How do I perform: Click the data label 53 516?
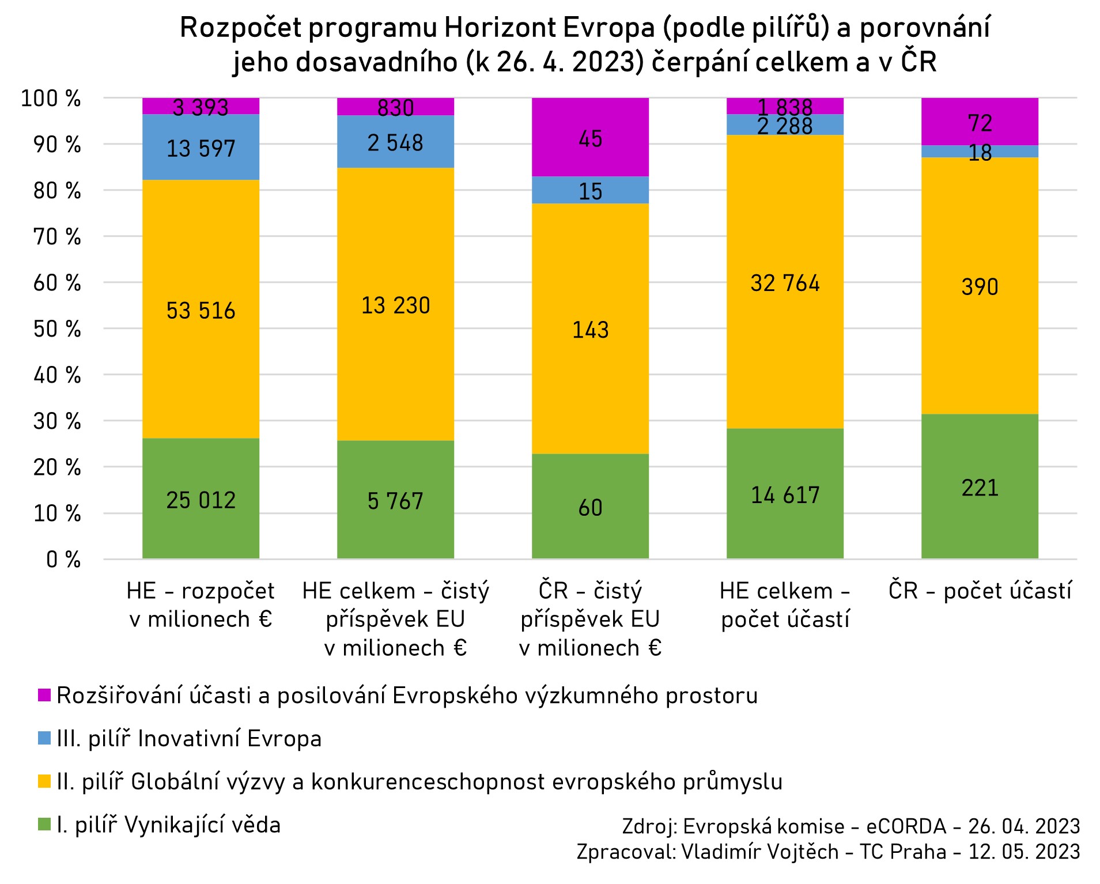pos(201,311)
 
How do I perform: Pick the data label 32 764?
pos(785,283)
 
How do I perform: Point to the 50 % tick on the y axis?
pos(57,329)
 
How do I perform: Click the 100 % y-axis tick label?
pos(51,99)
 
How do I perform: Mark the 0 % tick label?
pos(63,560)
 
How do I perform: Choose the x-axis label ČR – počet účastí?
pos(980,591)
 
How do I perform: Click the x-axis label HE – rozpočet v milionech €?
pos(201,605)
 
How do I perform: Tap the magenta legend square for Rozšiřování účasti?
pos(44,695)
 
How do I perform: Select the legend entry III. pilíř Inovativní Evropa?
pos(189,739)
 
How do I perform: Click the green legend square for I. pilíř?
pos(44,824)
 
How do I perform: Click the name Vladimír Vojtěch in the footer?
pos(760,852)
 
